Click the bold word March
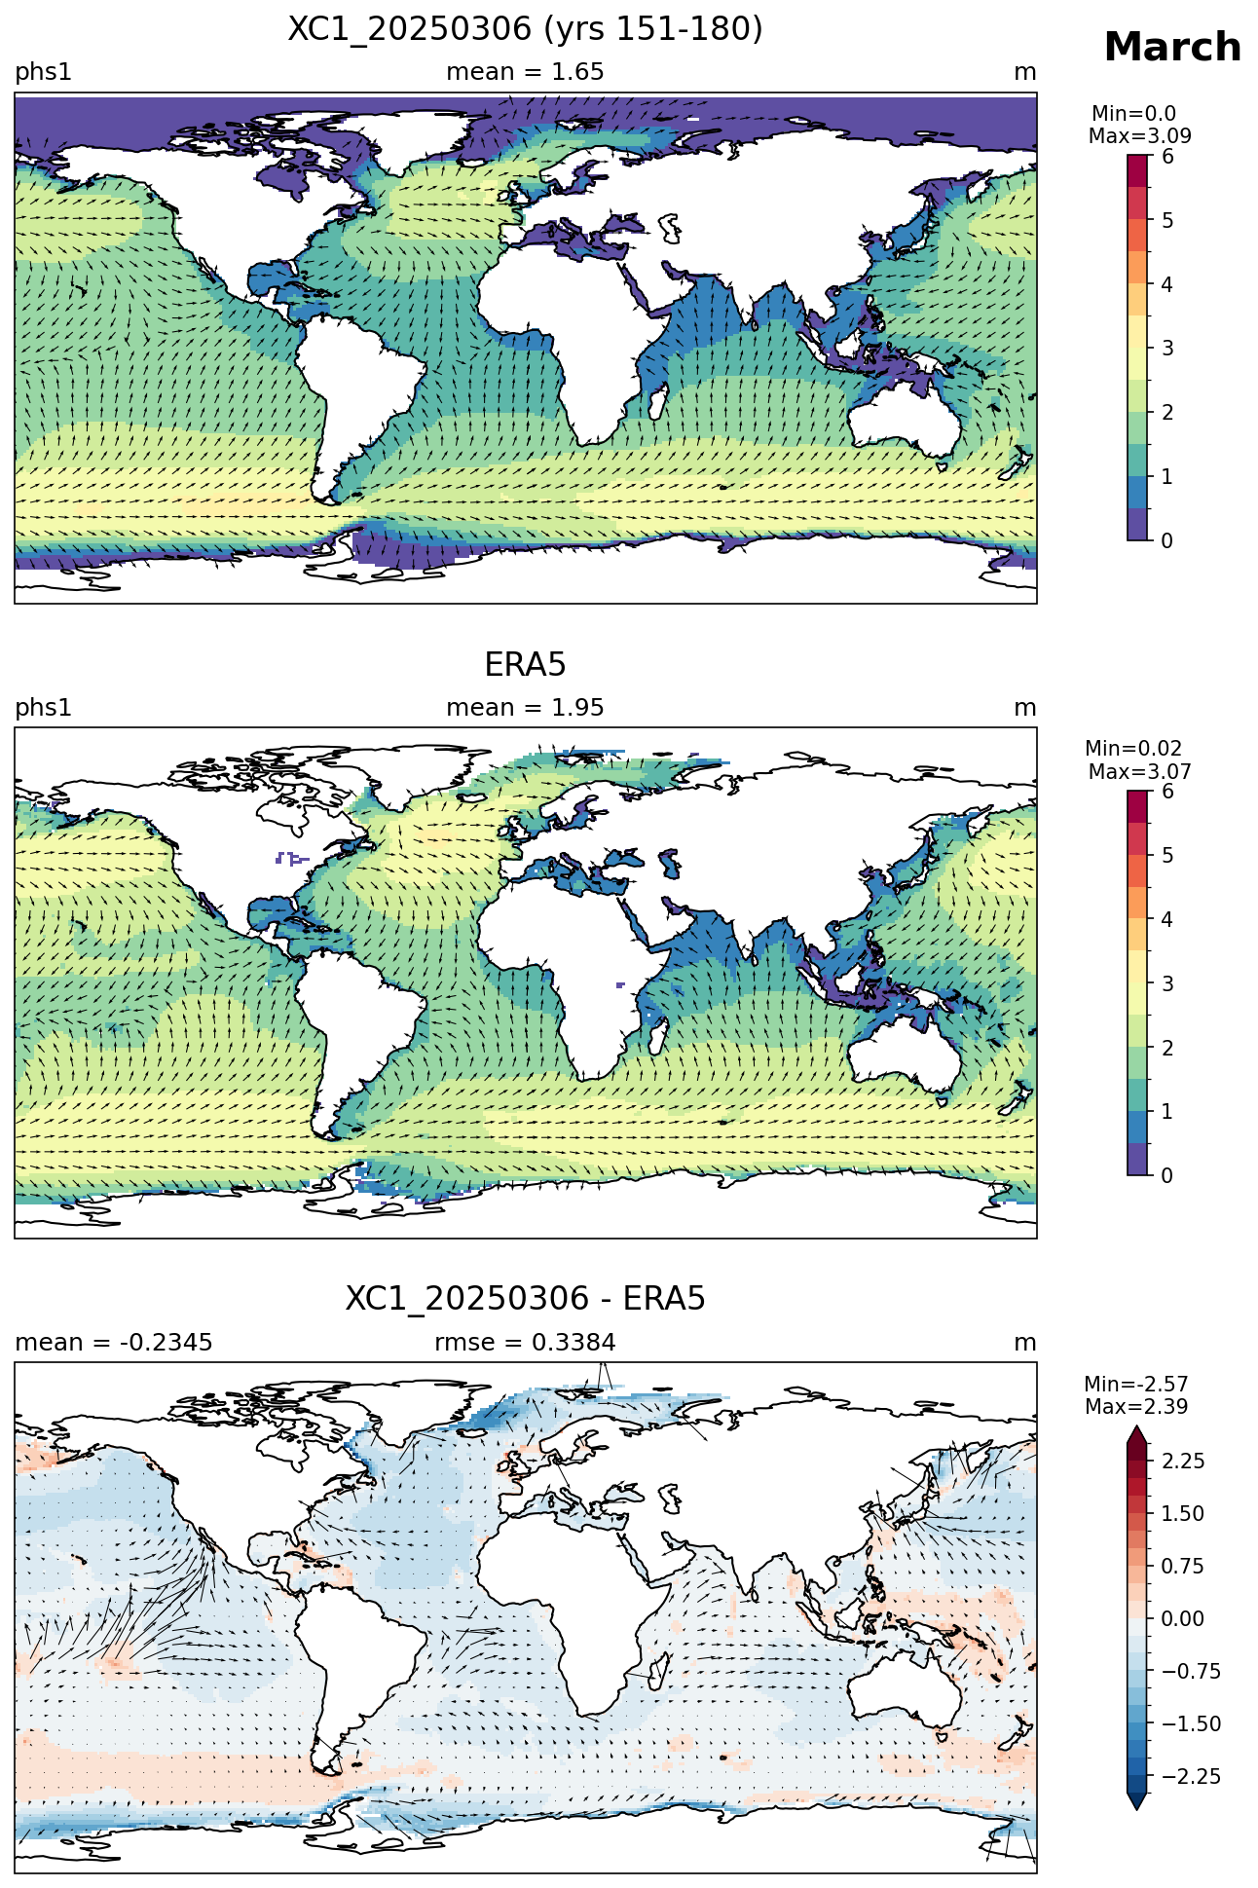[1172, 48]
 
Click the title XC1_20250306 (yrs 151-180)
[525, 29]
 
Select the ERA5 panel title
[525, 665]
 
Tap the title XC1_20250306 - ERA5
[525, 1299]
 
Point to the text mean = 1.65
[525, 72]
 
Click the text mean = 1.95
[525, 708]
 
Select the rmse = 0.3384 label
[525, 1343]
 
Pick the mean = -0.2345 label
[114, 1343]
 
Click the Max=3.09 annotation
[1139, 136]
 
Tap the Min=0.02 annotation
[1133, 749]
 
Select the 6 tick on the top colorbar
[1167, 157]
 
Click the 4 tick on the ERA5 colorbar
[1167, 920]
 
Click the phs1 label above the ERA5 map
[44, 708]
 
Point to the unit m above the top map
[1025, 73]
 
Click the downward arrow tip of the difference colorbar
[1136, 1810]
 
